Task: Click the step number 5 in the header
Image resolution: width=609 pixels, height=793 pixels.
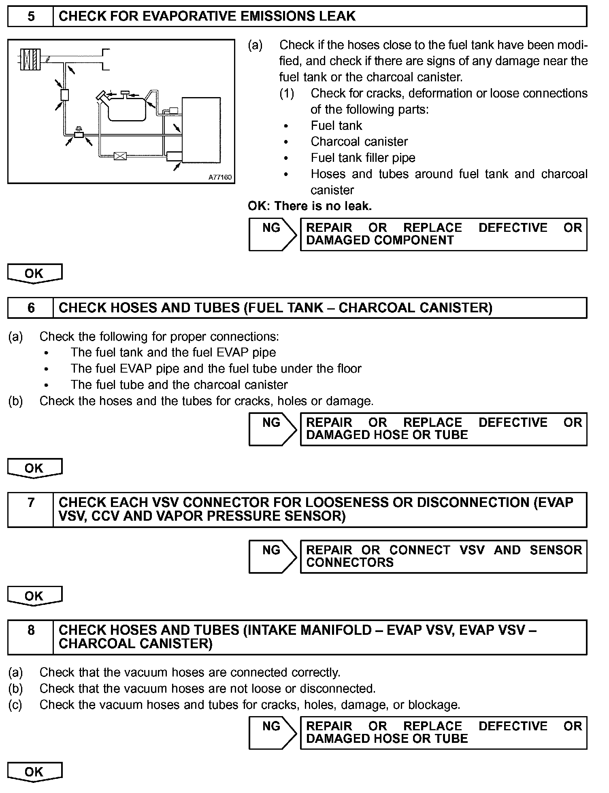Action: (x=31, y=17)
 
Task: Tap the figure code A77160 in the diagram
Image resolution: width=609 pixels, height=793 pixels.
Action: (x=220, y=177)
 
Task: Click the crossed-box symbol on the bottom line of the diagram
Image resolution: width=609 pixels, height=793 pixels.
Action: (x=120, y=156)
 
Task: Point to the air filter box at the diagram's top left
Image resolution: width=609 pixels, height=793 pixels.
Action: (x=30, y=59)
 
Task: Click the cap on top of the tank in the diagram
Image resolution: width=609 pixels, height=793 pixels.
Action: (x=125, y=94)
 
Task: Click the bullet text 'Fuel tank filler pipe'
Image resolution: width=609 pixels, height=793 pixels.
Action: (x=363, y=158)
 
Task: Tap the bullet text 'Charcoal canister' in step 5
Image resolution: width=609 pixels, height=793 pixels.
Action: (x=359, y=142)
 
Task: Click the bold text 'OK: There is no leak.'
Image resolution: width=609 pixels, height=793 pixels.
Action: (x=310, y=206)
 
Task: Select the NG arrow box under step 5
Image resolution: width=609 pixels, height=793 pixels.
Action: (x=272, y=234)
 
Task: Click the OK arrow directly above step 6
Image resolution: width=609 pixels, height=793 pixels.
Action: (x=34, y=274)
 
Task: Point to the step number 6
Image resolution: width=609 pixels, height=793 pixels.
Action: (x=31, y=308)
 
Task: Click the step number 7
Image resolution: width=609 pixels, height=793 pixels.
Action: (x=31, y=503)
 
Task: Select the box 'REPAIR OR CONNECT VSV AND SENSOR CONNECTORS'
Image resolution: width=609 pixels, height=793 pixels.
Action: (x=443, y=556)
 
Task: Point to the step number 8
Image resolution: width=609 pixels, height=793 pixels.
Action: (x=31, y=630)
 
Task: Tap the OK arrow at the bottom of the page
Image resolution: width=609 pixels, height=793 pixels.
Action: (x=34, y=772)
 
